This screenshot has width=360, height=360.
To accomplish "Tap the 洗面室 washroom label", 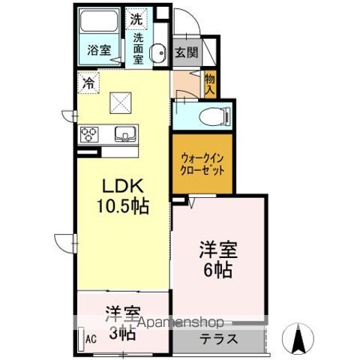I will pyautogui.click(x=138, y=46).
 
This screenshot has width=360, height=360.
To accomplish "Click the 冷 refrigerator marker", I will pyautogui.click(x=89, y=83).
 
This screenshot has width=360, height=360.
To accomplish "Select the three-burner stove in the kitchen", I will pyautogui.click(x=90, y=136).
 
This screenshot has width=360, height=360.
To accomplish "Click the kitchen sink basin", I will pyautogui.click(x=125, y=135).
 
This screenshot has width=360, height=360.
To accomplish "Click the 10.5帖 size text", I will pyautogui.click(x=121, y=206).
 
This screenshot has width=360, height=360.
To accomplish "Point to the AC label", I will pyautogui.click(x=90, y=340).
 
